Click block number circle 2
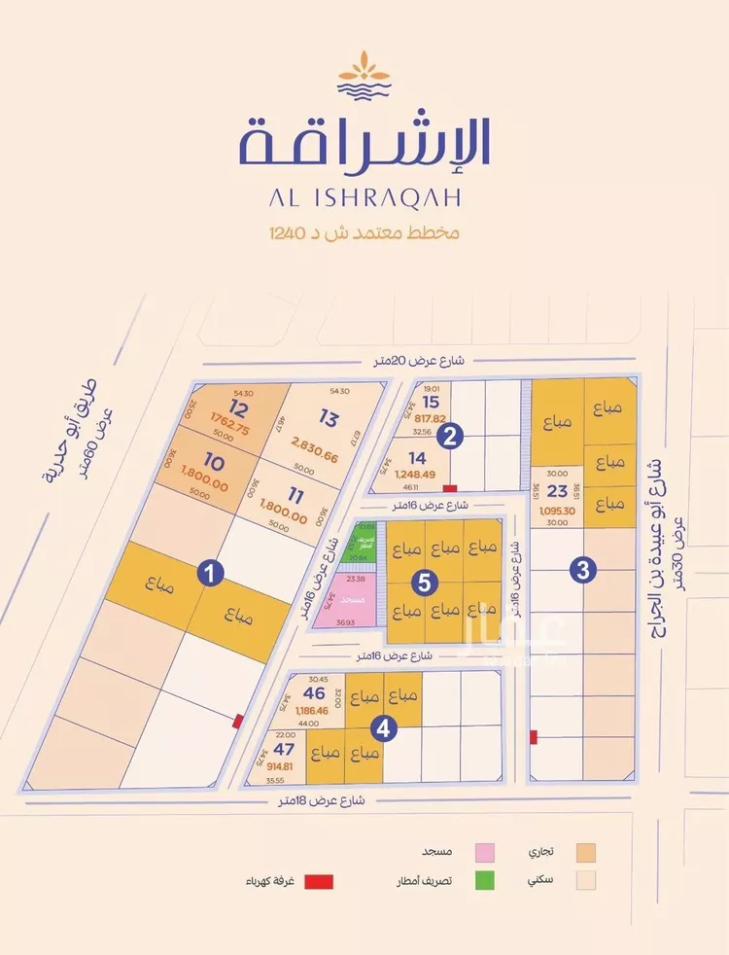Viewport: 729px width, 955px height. point(448,437)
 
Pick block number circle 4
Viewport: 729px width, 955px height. point(386,726)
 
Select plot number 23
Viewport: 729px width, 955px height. point(558,491)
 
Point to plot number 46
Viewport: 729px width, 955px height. point(313,694)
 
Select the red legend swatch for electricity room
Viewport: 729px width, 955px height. point(319,882)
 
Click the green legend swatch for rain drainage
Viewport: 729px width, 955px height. point(483,882)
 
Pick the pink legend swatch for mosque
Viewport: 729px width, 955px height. point(483,852)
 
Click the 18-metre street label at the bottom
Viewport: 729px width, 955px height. point(321,800)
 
